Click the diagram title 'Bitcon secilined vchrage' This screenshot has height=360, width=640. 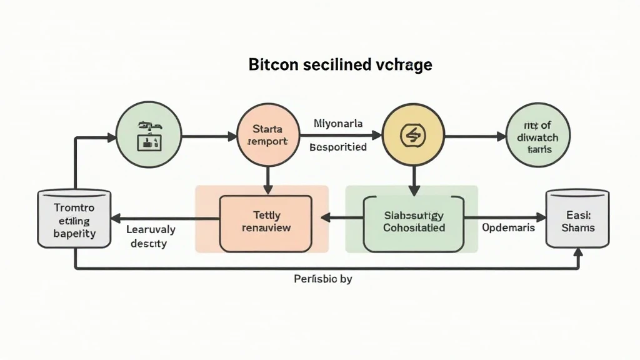[340, 65]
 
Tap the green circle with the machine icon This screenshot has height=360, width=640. [149, 135]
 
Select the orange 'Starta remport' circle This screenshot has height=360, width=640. [268, 135]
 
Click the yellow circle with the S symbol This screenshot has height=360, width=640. [412, 135]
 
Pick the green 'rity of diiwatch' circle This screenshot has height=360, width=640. [538, 135]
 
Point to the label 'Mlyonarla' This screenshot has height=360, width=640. [338, 124]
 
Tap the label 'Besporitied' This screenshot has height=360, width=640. [338, 147]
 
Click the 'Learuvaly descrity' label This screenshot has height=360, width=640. [151, 236]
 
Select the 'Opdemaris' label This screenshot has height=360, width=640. [508, 227]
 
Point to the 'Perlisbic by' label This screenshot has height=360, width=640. [322, 279]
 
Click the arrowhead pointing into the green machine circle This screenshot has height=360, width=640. [112, 136]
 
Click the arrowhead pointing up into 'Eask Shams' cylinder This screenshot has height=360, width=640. [578, 253]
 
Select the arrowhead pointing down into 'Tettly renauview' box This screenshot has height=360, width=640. [268, 188]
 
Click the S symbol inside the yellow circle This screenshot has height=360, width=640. [412, 135]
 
